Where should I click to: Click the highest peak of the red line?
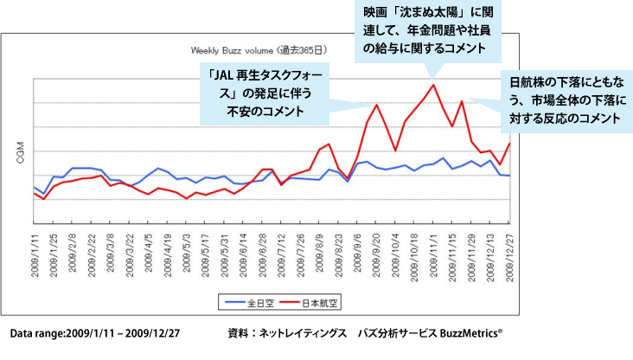pyautogui.click(x=433, y=85)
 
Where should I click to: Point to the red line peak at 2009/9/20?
pyautogui.click(x=377, y=105)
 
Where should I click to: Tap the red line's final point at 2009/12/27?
pyautogui.click(x=509, y=144)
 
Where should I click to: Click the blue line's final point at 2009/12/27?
pyautogui.click(x=509, y=176)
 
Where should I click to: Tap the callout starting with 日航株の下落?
pyautogui.click(x=568, y=101)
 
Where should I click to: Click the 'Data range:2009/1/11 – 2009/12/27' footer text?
pyautogui.click(x=93, y=332)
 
